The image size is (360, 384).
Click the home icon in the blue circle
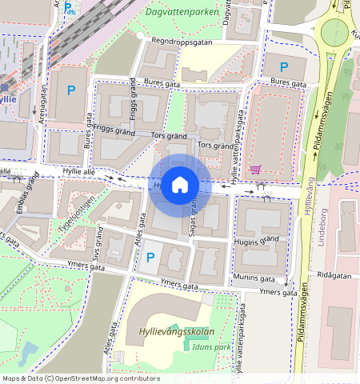tap(180, 186)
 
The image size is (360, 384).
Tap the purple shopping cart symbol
tap(255, 169)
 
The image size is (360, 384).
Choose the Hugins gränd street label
tap(256, 239)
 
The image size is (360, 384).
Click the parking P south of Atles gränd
tap(150, 258)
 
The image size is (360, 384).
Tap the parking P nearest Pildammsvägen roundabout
tap(281, 67)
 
